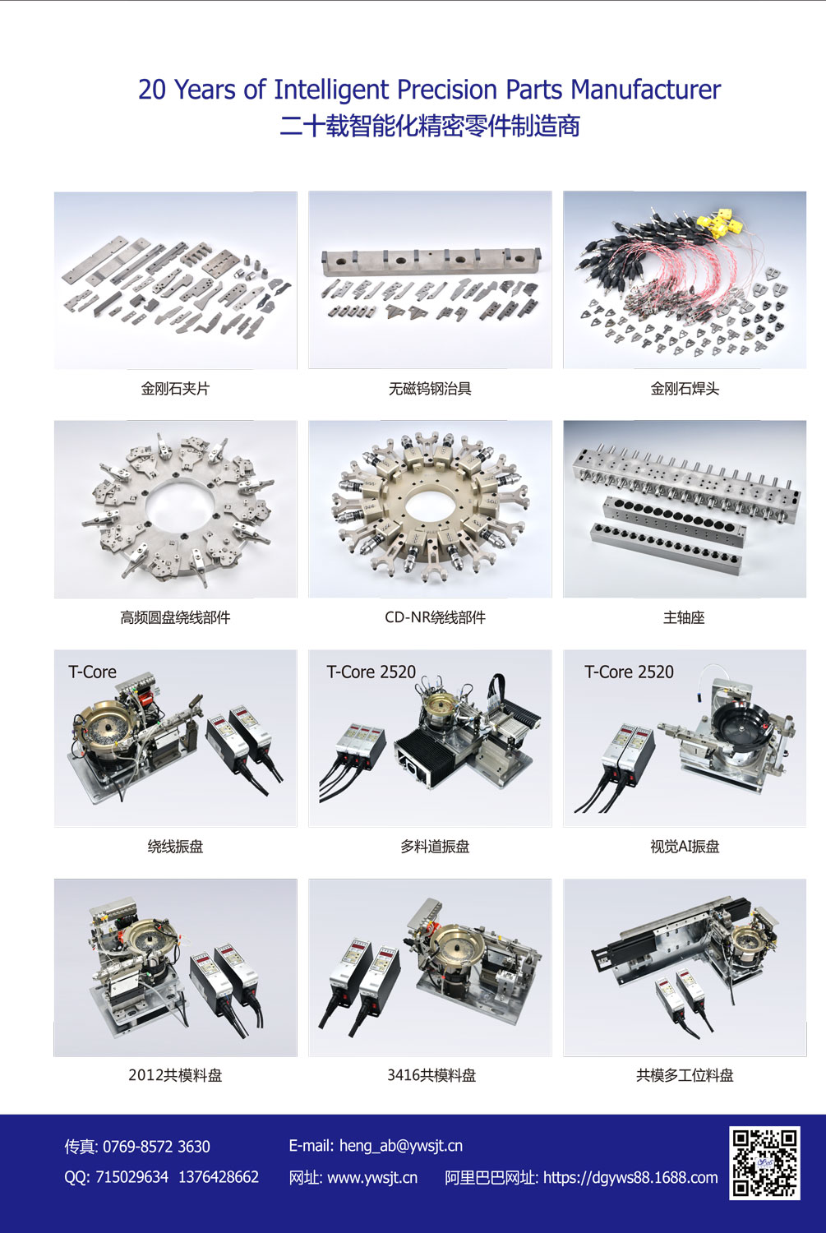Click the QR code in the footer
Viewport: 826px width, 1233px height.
pyautogui.click(x=764, y=1161)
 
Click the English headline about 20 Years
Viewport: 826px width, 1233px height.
pyautogui.click(x=429, y=90)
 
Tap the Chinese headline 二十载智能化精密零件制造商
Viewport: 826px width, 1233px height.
pyautogui.click(x=429, y=126)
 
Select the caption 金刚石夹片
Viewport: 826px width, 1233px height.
pyautogui.click(x=175, y=389)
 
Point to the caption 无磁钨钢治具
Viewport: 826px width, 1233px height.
pyautogui.click(x=430, y=389)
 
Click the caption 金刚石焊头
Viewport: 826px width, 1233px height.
pyautogui.click(x=685, y=389)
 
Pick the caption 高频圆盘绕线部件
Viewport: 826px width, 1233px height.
pyautogui.click(x=175, y=617)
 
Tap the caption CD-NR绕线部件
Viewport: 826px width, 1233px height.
pyautogui.click(x=435, y=617)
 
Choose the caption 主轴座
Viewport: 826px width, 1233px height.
pyautogui.click(x=684, y=617)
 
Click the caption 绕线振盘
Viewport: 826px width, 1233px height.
pyautogui.click(x=175, y=846)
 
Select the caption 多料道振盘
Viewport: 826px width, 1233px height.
pyautogui.click(x=435, y=846)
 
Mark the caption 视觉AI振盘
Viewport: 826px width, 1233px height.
pyautogui.click(x=685, y=846)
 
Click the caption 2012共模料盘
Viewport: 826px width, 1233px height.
pyautogui.click(x=175, y=1075)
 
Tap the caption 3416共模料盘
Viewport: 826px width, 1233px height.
pyautogui.click(x=431, y=1075)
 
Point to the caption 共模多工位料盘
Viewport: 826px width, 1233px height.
pyautogui.click(x=685, y=1075)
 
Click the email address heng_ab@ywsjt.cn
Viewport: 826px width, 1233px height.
pyautogui.click(x=400, y=1146)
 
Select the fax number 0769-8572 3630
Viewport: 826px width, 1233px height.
pyautogui.click(x=156, y=1147)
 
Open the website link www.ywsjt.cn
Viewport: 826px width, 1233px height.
pyautogui.click(x=372, y=1177)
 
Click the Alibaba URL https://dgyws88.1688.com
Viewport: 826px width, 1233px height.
pyautogui.click(x=630, y=1177)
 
